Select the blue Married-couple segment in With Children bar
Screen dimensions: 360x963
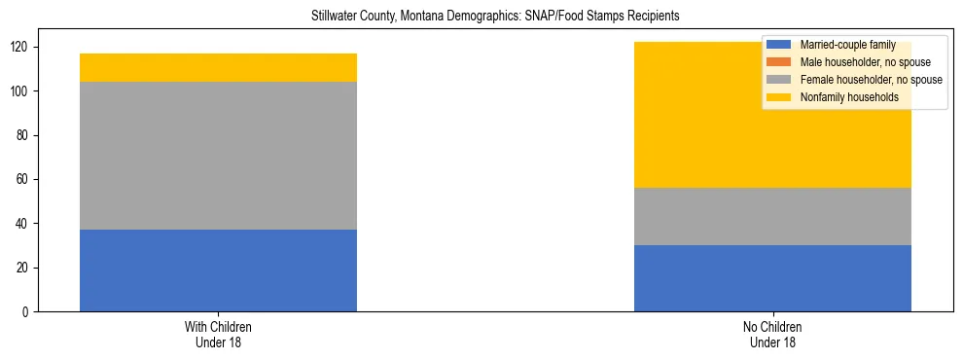(218, 270)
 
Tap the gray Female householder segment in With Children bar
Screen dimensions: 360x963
(218, 156)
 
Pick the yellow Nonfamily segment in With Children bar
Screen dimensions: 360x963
(218, 67)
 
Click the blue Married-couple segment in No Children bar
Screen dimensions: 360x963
(772, 278)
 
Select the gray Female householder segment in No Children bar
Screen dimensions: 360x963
(772, 216)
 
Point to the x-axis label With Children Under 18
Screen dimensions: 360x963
(218, 334)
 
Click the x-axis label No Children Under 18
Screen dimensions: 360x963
(772, 334)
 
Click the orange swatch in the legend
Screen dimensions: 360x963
(779, 62)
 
